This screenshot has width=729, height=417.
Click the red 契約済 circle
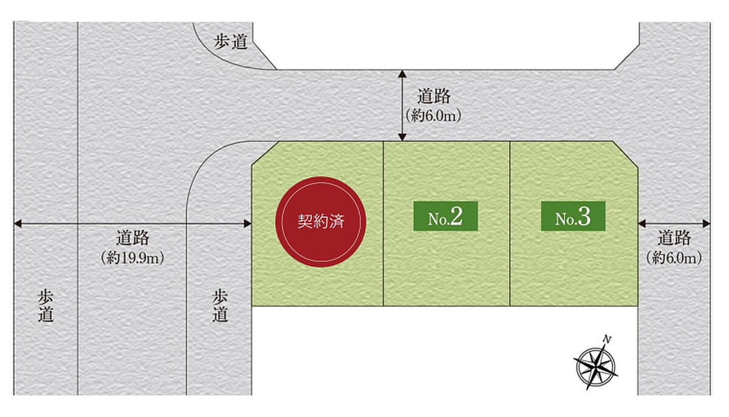(321, 222)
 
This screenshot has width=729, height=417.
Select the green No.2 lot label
(445, 218)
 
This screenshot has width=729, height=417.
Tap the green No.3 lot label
(573, 218)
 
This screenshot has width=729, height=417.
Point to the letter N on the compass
(606, 339)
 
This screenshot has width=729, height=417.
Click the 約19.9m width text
(132, 258)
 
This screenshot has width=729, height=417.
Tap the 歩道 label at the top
(231, 42)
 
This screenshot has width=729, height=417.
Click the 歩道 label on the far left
(46, 306)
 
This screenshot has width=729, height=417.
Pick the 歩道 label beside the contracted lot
(220, 306)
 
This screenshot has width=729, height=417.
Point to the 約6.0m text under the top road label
(433, 116)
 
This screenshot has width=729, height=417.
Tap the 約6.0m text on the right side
(674, 258)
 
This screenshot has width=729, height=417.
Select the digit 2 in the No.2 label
(456, 217)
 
